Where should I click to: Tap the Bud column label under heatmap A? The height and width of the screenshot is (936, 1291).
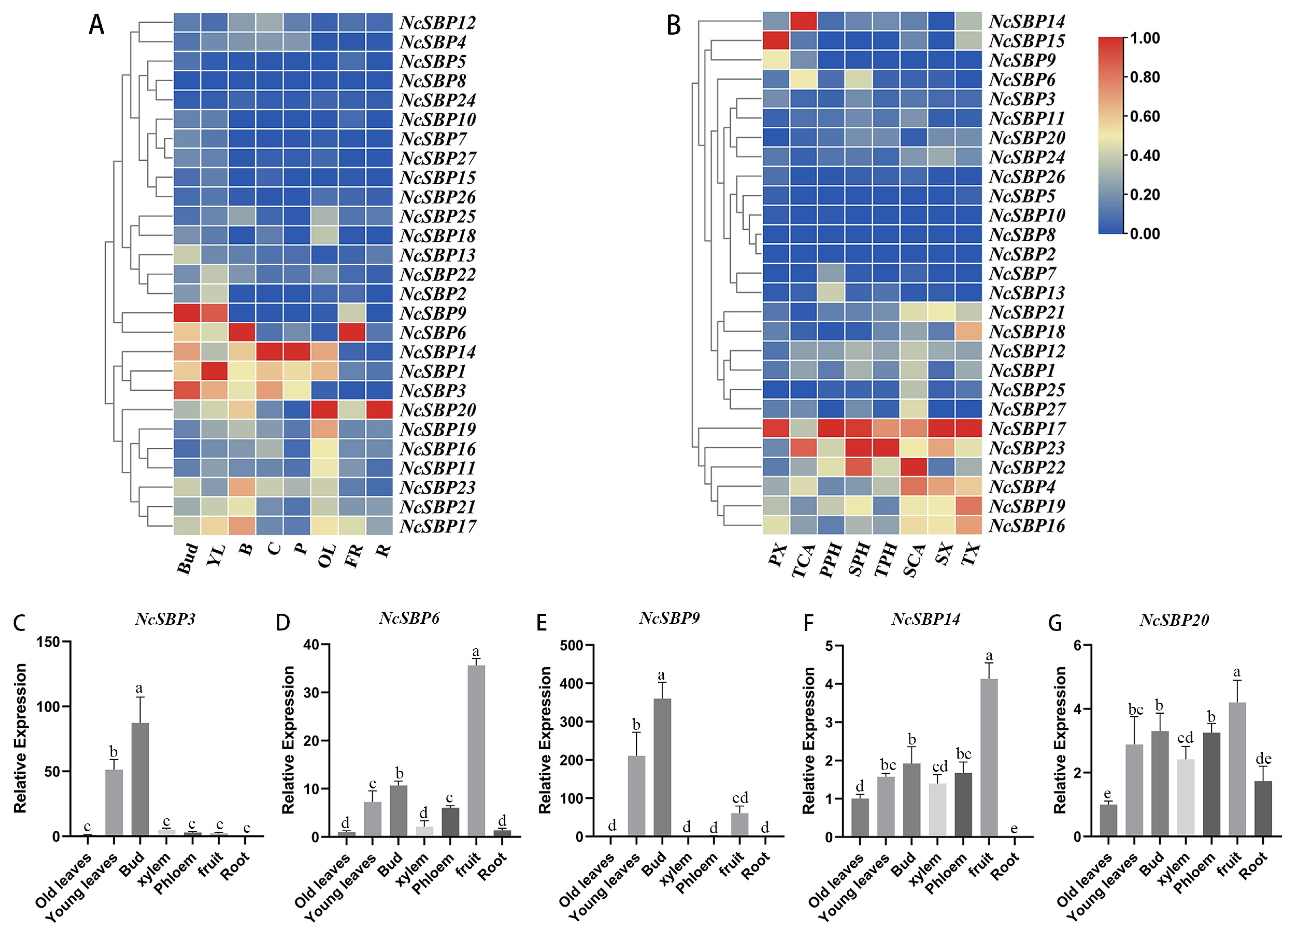tap(188, 558)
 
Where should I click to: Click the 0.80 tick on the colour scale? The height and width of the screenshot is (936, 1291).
tap(1145, 77)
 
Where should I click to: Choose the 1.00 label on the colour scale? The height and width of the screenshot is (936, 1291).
tap(1145, 38)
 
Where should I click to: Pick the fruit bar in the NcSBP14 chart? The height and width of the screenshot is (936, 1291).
tap(989, 758)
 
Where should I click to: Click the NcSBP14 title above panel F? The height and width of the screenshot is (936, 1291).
tap(926, 619)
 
